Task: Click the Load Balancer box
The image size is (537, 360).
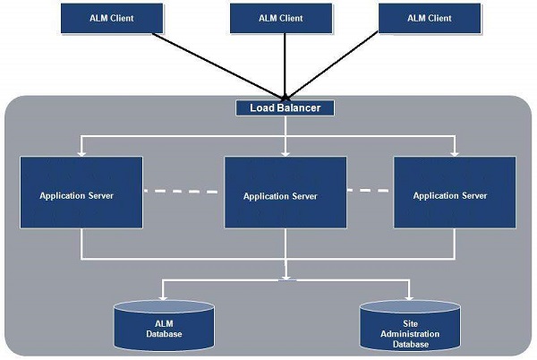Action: [x=285, y=107]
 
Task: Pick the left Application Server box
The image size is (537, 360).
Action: [x=81, y=193]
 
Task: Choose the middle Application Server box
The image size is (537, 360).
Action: [x=286, y=193]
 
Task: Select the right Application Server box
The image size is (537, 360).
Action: [x=455, y=193]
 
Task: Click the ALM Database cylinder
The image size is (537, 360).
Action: [x=164, y=328]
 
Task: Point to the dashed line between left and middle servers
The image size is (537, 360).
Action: [x=183, y=192]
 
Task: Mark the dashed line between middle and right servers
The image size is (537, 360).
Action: [x=370, y=191]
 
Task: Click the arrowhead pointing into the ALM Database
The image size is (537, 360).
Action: [x=162, y=297]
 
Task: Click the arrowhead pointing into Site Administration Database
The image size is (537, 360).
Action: [x=409, y=297]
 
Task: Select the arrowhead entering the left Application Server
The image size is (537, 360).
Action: [x=81, y=153]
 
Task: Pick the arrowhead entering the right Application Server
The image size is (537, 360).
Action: [x=455, y=153]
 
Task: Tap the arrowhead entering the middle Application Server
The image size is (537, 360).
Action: [x=286, y=153]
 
